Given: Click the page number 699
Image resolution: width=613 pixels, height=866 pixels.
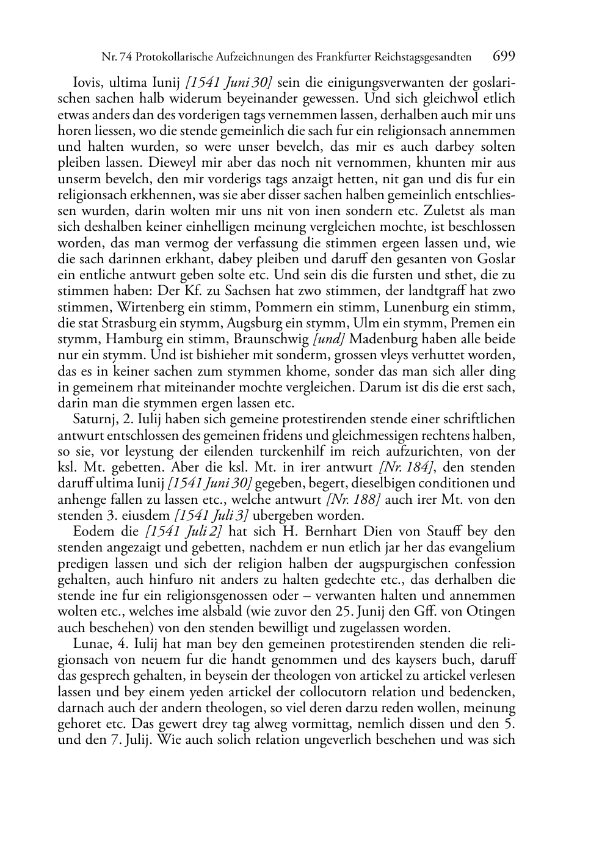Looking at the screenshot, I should coord(504,57).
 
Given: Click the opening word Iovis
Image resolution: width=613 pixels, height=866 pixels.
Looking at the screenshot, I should coord(88,82).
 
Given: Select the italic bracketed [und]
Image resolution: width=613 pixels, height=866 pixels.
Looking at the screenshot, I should coord(330,339).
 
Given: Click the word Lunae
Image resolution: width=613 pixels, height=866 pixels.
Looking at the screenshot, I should coord(90,644).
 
